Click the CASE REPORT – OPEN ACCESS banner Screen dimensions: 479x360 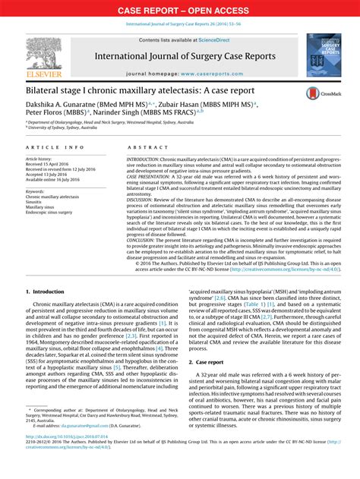point(180,10)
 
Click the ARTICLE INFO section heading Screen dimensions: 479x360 point(55,147)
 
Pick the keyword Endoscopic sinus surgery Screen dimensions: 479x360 point(51,213)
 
